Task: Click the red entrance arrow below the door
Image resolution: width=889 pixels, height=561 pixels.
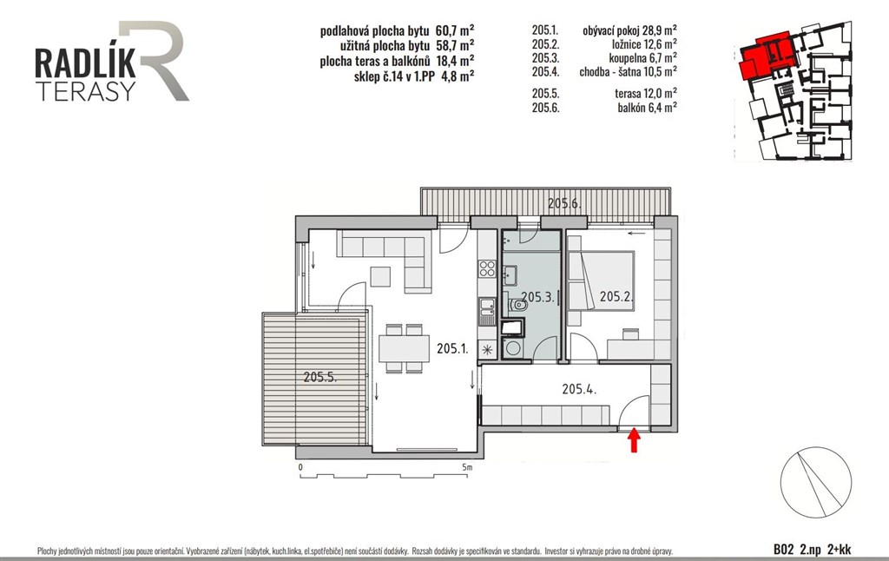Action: [x=634, y=441]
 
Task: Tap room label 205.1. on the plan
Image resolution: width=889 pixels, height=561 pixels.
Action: [x=452, y=349]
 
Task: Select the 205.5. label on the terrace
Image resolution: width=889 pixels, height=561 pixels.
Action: [x=320, y=377]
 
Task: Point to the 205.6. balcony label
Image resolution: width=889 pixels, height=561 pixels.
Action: [x=564, y=203]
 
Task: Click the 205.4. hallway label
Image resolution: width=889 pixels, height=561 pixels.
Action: [x=579, y=389]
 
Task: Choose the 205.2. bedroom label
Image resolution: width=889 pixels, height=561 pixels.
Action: [x=616, y=296]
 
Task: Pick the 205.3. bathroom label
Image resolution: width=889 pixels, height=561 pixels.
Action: [x=537, y=297]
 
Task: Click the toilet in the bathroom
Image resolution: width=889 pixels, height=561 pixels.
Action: [x=517, y=306]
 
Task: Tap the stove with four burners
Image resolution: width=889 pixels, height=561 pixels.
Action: [x=487, y=268]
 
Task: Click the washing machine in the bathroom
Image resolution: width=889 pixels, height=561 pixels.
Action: [x=513, y=348]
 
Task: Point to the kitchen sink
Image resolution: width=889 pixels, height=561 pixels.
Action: [x=487, y=312]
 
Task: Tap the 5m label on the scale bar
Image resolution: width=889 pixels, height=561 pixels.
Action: [x=466, y=467]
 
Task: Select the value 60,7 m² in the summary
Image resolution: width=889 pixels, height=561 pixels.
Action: [x=455, y=30]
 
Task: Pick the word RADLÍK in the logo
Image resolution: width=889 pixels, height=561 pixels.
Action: [x=86, y=63]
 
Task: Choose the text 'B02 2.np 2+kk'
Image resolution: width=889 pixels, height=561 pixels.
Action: [x=812, y=549]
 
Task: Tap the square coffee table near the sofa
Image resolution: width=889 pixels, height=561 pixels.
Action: [x=380, y=276]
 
